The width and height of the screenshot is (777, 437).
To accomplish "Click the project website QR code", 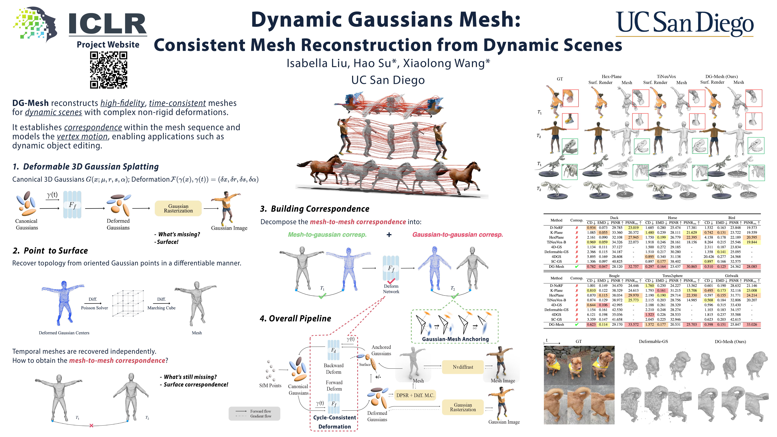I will click(109, 70).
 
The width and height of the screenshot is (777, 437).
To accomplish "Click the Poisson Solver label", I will click(94, 308).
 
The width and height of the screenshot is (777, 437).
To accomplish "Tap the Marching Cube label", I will click(161, 308).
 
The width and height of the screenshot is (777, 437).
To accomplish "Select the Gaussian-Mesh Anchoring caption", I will click(455, 339).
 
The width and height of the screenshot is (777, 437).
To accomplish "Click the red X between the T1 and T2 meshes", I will click(91, 425).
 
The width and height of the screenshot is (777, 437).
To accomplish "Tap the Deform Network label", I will click(391, 289).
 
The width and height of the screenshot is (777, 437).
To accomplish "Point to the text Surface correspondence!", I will click(196, 384).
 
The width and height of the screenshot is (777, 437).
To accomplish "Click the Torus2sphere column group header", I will click(672, 276).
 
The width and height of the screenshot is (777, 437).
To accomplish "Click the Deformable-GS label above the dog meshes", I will click(653, 341).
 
